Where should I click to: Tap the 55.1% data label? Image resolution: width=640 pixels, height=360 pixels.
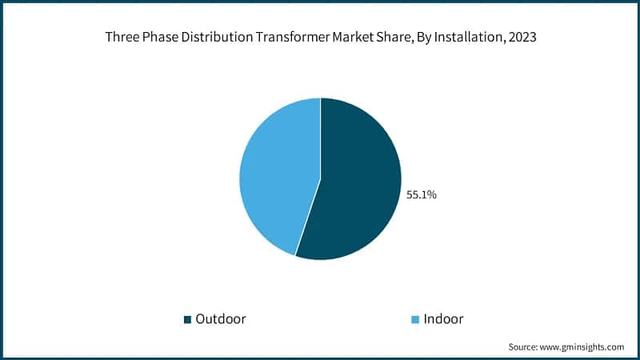[x=422, y=194]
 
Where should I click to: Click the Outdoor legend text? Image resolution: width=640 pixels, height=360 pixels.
[x=221, y=318]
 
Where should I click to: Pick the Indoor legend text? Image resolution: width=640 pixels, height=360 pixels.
[x=444, y=318]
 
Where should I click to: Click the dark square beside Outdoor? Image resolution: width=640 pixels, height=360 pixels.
[x=188, y=319]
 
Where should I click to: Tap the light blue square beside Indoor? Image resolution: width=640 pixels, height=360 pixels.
[x=414, y=319]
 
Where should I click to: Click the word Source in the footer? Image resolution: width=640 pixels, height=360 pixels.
[x=524, y=346]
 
